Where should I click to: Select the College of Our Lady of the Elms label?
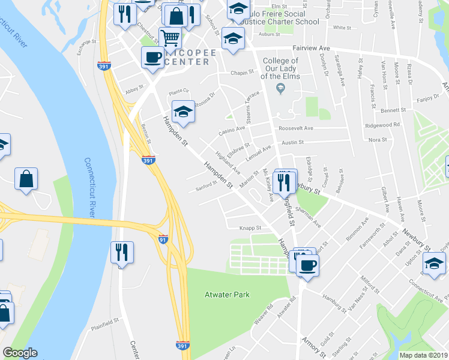coord(280,69)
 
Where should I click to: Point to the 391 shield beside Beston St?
coord(148,160)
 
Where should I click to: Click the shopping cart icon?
coord(170,38)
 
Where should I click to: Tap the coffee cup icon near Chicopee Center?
coord(152,58)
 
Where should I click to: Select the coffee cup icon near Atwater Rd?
coord(307,265)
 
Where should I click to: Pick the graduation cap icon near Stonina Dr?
coord(184,111)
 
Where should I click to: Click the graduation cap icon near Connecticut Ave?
coord(434,263)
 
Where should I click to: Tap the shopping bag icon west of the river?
coord(26,178)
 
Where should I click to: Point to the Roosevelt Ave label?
coord(296,128)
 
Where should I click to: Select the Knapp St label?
coord(251,228)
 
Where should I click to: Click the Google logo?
coord(20,353)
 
